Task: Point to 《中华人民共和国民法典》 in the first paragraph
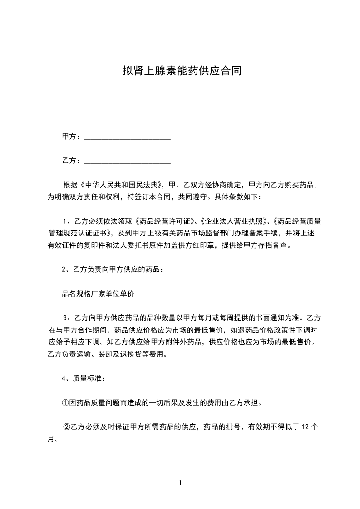point(120,185)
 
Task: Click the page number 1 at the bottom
point(180,483)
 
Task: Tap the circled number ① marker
point(65,402)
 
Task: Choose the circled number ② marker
point(66,427)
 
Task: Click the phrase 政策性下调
point(285,329)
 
